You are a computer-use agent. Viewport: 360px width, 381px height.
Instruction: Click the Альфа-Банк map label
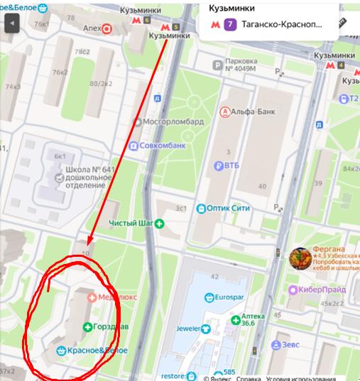(x=250, y=111)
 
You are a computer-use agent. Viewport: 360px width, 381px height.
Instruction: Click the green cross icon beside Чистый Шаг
(x=160, y=223)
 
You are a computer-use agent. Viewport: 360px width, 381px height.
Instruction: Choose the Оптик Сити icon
(x=201, y=209)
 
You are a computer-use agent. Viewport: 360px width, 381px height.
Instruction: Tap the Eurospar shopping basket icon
(x=209, y=297)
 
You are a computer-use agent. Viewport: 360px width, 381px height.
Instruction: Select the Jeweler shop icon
(x=205, y=328)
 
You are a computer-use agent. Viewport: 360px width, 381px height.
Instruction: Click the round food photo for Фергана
(x=299, y=258)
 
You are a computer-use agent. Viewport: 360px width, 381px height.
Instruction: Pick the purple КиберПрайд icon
(x=292, y=289)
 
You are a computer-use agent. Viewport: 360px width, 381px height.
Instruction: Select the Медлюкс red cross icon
(x=91, y=298)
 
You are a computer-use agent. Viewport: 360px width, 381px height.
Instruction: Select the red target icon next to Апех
(x=107, y=29)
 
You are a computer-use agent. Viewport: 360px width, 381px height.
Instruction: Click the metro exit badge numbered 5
(x=175, y=28)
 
